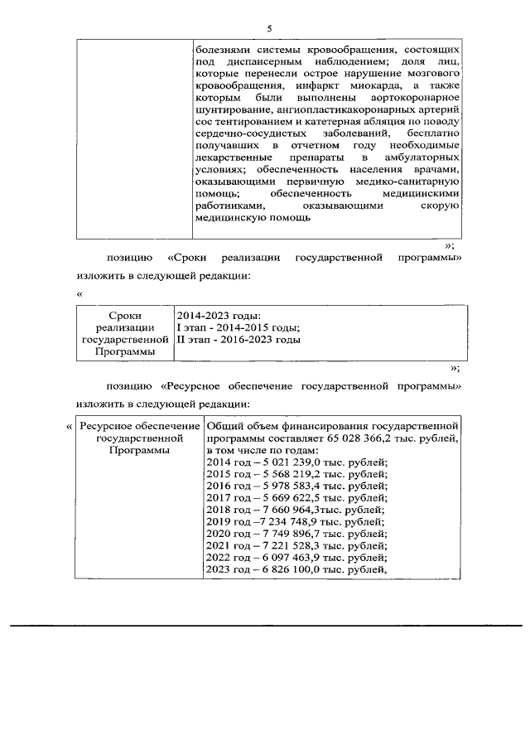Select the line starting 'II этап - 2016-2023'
click(x=238, y=340)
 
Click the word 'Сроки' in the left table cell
click(x=125, y=316)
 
